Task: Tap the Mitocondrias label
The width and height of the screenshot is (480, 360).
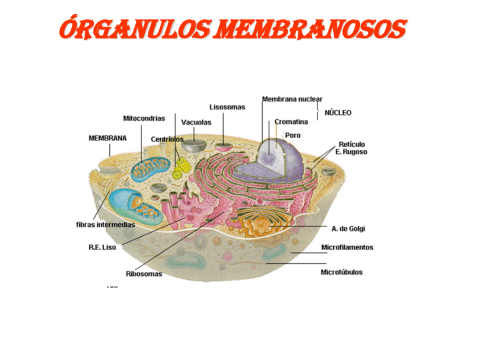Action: tap(144, 118)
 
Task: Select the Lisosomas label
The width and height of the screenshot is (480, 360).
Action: tap(227, 106)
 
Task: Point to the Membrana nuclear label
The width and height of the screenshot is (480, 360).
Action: tap(292, 99)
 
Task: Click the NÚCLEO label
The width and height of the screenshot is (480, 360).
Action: tap(337, 113)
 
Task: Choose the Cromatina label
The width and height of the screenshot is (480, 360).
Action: tap(291, 122)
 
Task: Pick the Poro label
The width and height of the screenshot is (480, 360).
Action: tap(293, 135)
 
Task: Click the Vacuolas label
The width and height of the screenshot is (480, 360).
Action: tap(196, 122)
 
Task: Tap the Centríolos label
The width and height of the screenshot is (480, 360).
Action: tap(167, 139)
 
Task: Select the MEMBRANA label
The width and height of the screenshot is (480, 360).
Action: tap(108, 138)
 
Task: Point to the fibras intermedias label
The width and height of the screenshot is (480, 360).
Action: tap(105, 225)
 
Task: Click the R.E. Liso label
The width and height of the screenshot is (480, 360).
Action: tap(102, 247)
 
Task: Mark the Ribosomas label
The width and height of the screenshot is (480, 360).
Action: tap(144, 274)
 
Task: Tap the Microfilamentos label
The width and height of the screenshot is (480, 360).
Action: tap(347, 247)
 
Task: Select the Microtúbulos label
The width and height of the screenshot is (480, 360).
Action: tap(341, 272)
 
